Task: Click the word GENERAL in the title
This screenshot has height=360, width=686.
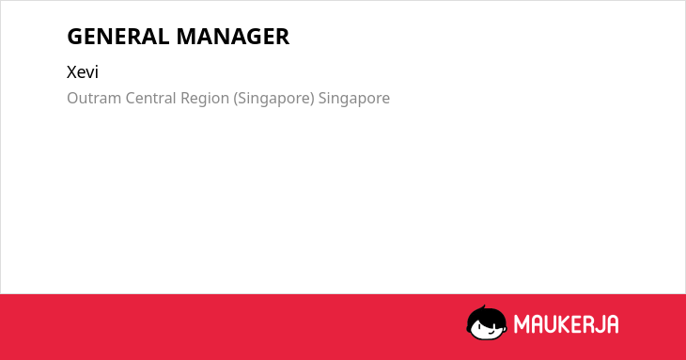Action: click(x=118, y=37)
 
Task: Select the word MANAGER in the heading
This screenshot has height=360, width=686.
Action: click(x=233, y=37)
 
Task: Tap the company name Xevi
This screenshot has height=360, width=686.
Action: click(x=83, y=71)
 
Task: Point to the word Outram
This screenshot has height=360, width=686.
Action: click(x=94, y=98)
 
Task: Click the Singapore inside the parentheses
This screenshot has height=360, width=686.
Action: click(x=273, y=100)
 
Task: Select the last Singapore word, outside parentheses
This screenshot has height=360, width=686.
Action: click(x=354, y=100)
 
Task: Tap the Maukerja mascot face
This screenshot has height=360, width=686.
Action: click(x=487, y=323)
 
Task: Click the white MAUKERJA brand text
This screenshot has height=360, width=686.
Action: click(x=566, y=324)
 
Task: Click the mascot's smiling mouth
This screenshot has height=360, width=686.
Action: click(x=491, y=332)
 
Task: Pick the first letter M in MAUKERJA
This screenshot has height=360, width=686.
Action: click(x=522, y=324)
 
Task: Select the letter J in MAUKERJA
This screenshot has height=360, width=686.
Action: click(x=599, y=324)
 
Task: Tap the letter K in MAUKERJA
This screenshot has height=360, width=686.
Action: click(x=561, y=324)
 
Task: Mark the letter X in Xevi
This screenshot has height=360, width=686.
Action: click(x=72, y=72)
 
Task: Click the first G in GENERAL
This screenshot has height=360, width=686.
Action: click(x=75, y=37)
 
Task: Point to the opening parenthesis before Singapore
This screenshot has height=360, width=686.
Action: click(x=235, y=99)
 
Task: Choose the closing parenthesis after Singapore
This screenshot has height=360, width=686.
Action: click(x=312, y=99)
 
